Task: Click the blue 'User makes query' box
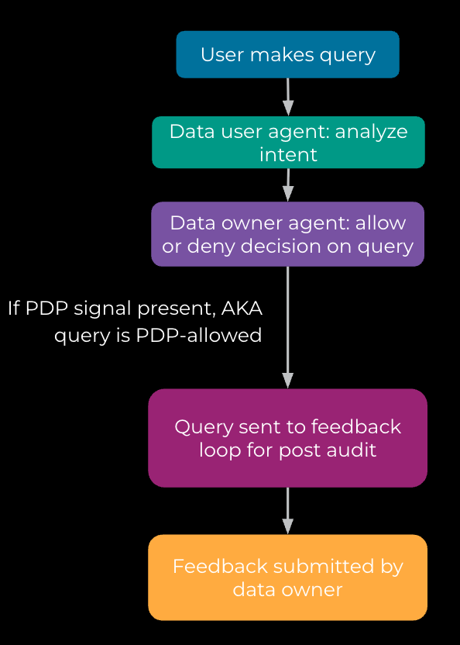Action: (288, 54)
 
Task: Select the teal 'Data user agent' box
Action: (288, 143)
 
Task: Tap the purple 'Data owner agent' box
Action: (288, 234)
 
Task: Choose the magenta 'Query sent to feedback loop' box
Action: (288, 438)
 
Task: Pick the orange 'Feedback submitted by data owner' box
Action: (288, 578)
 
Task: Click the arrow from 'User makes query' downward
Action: (288, 97)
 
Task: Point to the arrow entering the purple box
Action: (288, 185)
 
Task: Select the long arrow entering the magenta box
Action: (288, 327)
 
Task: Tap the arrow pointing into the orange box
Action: (288, 511)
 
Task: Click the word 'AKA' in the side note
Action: (242, 309)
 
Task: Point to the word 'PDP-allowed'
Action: (198, 335)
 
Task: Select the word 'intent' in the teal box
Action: (288, 155)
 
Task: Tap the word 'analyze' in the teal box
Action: (371, 133)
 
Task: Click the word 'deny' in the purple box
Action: (211, 247)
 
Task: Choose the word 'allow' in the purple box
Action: (381, 223)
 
